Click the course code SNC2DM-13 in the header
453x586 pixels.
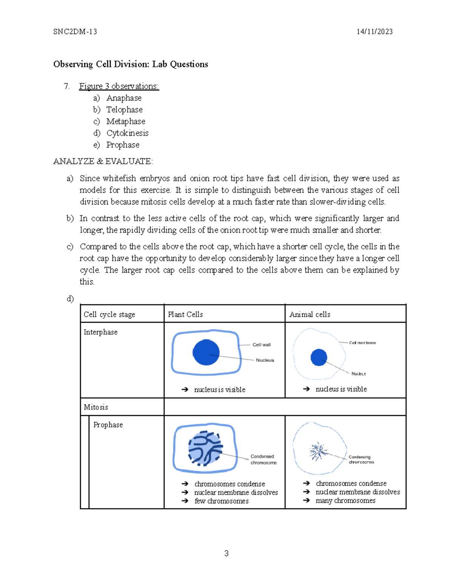75,32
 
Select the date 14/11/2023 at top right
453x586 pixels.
374,32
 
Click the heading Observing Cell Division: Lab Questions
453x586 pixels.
131,64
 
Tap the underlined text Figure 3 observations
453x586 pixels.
119,86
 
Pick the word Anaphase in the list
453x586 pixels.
124,98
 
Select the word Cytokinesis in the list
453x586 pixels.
127,133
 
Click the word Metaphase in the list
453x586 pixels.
126,122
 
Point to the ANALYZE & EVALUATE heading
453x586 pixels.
103,161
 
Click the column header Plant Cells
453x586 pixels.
185,314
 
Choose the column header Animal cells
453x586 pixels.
310,314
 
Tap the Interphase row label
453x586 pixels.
100,332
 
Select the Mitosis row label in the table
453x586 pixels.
96,407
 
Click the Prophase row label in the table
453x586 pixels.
108,425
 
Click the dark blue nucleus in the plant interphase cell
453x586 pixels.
206,352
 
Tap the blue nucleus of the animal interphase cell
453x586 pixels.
319,357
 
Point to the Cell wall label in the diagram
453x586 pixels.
261,345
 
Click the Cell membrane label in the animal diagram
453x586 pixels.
362,343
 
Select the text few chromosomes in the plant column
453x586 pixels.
221,501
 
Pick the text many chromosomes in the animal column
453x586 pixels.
345,501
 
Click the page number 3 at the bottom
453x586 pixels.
226,554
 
